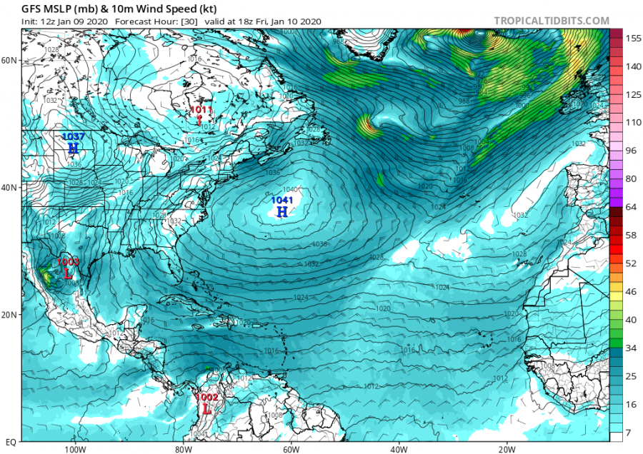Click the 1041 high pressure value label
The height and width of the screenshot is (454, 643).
coord(281,201)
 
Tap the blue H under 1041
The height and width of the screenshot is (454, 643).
coord(282,212)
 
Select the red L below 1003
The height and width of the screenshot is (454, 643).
coord(69,273)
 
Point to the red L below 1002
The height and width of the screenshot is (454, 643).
coord(206,410)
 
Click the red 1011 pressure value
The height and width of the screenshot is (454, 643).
coord(201,109)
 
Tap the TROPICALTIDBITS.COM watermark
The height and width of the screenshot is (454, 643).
coord(552,21)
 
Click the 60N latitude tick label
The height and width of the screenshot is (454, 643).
coord(9,61)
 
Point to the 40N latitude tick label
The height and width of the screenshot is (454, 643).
coord(9,188)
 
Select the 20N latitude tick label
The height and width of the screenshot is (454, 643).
coord(9,315)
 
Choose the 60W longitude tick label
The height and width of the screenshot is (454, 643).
coord(290,450)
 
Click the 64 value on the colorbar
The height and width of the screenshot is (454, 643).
coord(629,207)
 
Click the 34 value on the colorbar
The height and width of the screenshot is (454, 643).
coord(629,348)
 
